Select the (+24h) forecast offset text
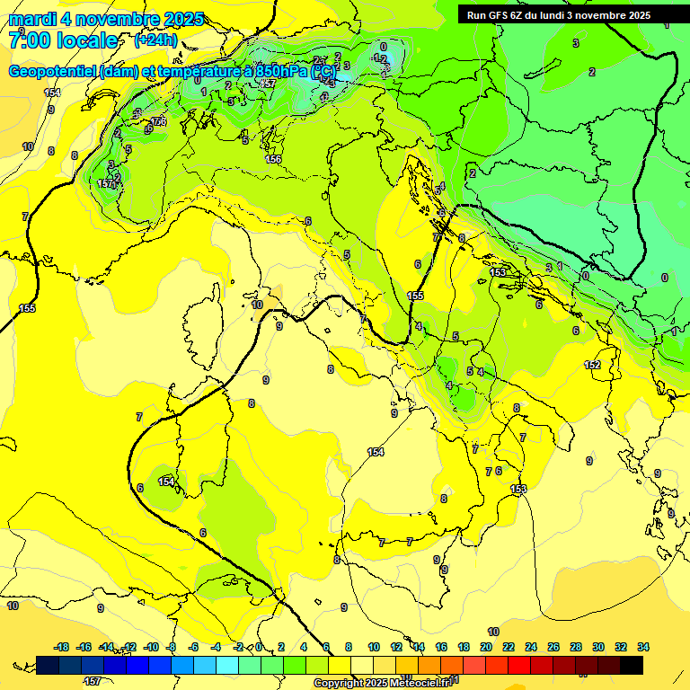(x=155, y=40)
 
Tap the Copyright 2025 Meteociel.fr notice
(x=387, y=683)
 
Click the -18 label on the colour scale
(x=62, y=647)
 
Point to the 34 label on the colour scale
(x=643, y=647)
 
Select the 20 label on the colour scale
(x=486, y=647)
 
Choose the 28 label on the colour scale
(x=576, y=647)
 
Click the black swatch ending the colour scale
(x=632, y=665)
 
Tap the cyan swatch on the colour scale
(x=227, y=665)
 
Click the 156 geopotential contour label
(x=273, y=159)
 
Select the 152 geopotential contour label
(x=592, y=365)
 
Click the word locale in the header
(x=84, y=40)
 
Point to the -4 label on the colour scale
(x=216, y=647)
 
